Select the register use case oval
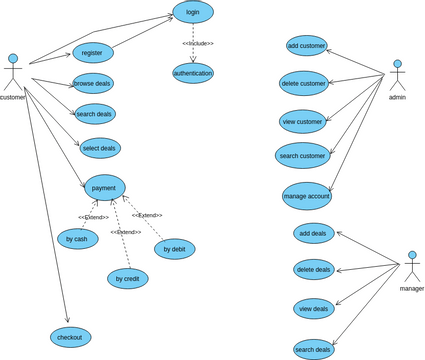[93, 52]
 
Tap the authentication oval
[193, 73]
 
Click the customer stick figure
[13, 72]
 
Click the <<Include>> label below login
[197, 44]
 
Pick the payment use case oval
[105, 187]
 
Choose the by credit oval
[128, 279]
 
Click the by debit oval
[175, 248]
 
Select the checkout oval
[70, 338]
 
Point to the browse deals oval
[93, 83]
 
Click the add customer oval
[306, 45]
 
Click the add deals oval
[313, 233]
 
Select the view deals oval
[314, 309]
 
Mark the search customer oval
[302, 155]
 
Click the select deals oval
[100, 148]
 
